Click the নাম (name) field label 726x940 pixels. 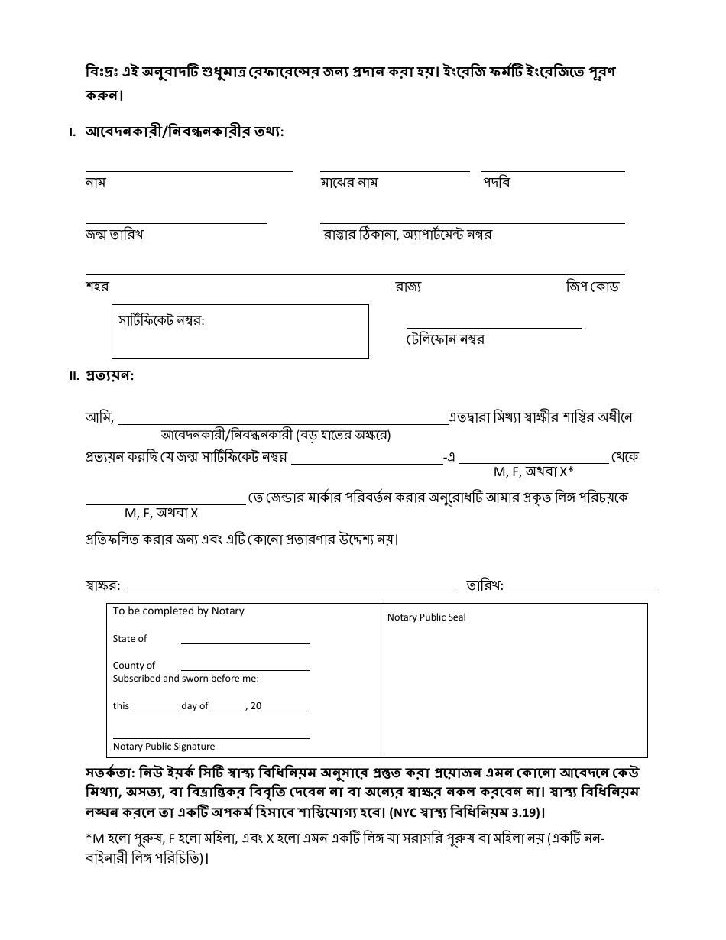[95, 183]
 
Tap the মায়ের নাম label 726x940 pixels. [348, 183]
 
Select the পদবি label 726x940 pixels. [496, 183]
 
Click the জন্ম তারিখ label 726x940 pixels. [114, 235]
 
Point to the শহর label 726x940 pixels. [96, 287]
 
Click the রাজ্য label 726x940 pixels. [407, 287]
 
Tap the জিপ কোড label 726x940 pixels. [591, 287]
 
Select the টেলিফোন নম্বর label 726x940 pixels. [445, 339]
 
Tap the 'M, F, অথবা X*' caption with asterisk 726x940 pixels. [533, 472]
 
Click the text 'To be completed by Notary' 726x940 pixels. [178, 611]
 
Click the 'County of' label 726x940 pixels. [134, 666]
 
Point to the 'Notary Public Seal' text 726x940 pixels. [426, 617]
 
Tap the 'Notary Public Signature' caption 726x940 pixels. [164, 747]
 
